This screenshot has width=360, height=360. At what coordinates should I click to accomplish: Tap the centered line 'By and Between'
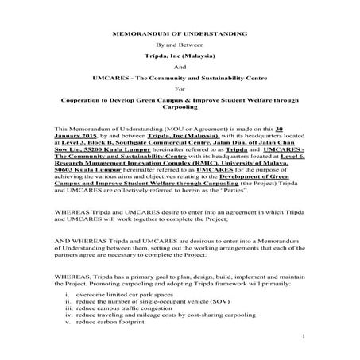click(x=180, y=48)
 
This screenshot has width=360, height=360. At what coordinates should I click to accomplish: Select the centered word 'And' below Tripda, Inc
click(x=180, y=68)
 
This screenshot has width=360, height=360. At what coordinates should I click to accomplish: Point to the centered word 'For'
click(x=180, y=90)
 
